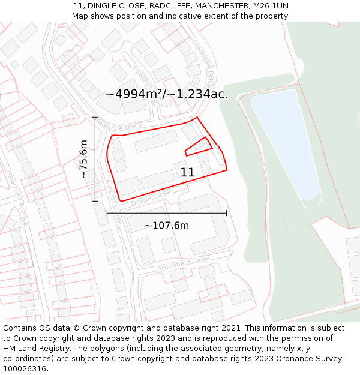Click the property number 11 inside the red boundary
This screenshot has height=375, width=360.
pos(187,173)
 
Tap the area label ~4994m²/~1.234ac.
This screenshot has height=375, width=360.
pos(167,94)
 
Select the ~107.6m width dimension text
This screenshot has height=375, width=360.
pos(166,226)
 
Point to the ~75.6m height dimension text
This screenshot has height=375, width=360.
pos(84,159)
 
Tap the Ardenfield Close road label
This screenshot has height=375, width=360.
pos(183,262)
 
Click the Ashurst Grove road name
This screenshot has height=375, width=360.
pos(113,201)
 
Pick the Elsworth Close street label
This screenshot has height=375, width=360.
pos(145,84)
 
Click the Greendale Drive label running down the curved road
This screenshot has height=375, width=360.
pos(202,63)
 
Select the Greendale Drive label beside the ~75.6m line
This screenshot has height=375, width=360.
pos(119,127)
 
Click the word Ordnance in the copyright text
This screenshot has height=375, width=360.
pos(289,359)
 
